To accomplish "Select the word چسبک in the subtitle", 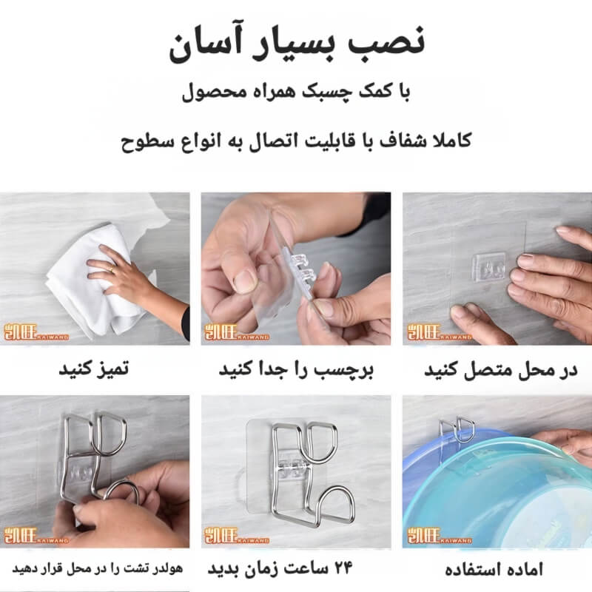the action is [x=326, y=92].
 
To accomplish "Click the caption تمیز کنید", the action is [x=94, y=369].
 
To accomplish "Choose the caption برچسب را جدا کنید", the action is [x=296, y=369].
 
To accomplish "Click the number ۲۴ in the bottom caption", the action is [x=343, y=568].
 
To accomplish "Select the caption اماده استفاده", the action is [x=494, y=569].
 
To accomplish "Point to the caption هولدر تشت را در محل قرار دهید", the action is [x=98, y=568].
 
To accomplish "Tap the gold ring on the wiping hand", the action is [x=112, y=269].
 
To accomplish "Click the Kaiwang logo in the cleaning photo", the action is [x=36, y=332].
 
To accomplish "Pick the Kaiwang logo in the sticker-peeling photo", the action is [x=236, y=332].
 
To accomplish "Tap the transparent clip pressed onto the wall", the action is [x=489, y=267].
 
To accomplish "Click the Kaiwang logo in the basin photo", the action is [x=439, y=536].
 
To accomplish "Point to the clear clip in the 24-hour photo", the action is [x=290, y=468].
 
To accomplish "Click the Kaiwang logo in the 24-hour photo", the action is [x=236, y=536].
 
